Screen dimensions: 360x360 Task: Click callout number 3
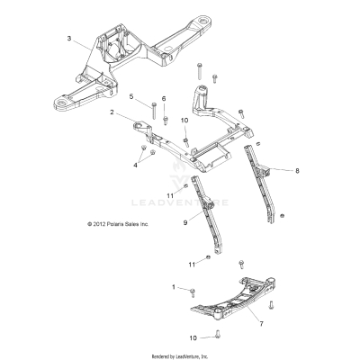tap(69, 38)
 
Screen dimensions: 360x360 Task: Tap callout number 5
tap(130, 95)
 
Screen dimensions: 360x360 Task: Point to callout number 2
tap(112, 112)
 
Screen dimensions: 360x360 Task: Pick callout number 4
tap(136, 166)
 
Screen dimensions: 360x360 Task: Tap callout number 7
tap(262, 321)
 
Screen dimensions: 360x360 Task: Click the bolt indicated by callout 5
tap(155, 110)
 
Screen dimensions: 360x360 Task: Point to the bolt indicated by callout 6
tap(164, 115)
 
